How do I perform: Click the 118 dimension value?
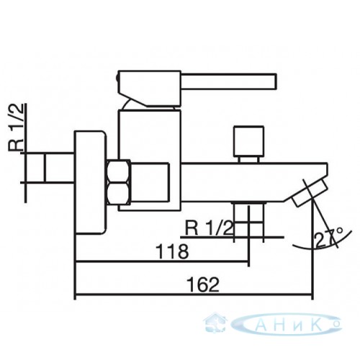pos(172,251)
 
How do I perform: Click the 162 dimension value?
pos(203,284)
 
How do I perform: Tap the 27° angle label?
pos(328,238)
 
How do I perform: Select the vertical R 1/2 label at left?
pos(17,127)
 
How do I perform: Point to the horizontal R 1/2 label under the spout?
pos(209,228)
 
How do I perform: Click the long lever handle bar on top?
pos(228,81)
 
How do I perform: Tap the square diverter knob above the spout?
pos(249,140)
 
